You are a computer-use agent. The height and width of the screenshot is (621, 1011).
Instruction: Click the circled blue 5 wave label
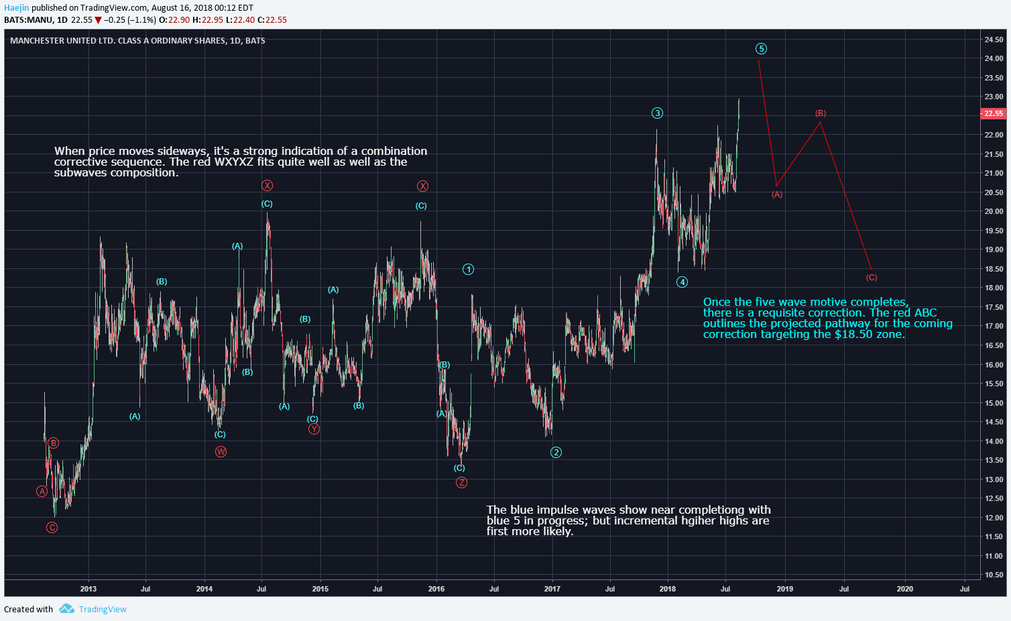(761, 48)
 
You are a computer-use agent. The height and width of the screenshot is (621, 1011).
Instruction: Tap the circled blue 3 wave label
(657, 113)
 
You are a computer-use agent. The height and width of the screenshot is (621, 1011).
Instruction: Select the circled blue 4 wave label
(682, 282)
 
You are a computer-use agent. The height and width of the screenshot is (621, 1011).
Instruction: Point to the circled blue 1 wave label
(468, 269)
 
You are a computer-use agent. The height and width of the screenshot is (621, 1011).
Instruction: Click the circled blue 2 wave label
(556, 452)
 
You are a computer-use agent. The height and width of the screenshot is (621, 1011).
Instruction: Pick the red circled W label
(221, 451)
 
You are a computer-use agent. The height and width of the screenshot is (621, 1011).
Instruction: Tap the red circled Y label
(314, 429)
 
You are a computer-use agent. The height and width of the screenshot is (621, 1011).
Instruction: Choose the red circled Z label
(461, 482)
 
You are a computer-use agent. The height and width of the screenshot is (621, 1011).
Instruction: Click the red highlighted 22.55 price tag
(993, 113)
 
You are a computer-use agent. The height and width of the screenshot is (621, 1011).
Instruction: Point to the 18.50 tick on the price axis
(994, 269)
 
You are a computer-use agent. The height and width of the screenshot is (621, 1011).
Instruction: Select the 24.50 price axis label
(994, 40)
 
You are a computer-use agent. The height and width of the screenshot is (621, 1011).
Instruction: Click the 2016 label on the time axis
(436, 589)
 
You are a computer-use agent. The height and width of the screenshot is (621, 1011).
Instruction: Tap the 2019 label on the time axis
(784, 589)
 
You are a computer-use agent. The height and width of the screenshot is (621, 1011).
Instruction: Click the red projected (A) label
(777, 194)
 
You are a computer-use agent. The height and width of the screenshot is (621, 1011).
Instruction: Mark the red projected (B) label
(821, 113)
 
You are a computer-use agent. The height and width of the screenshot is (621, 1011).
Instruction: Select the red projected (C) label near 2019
(871, 277)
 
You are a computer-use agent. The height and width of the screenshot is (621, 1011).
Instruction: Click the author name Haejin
(16, 8)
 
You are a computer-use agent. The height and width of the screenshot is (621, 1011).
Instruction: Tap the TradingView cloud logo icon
(66, 609)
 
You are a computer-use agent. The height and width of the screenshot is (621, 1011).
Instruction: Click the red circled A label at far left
(42, 491)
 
